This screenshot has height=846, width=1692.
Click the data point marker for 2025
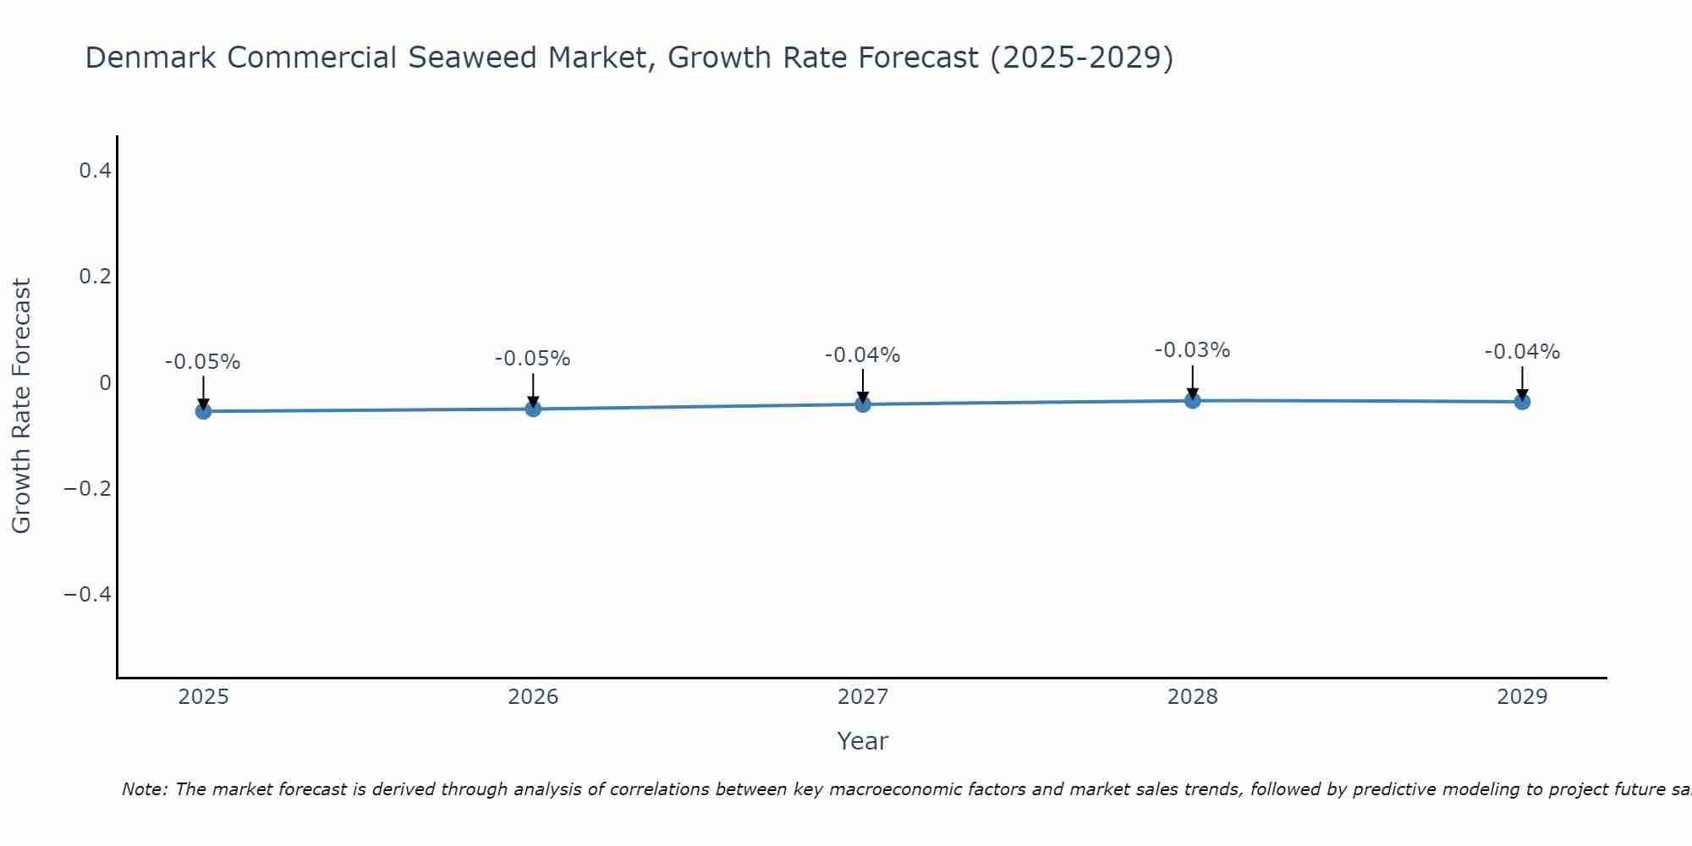[x=203, y=411]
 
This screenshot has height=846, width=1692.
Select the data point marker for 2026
[x=533, y=409]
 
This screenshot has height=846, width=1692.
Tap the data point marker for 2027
[x=863, y=404]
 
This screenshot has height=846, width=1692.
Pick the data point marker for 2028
[x=1193, y=400]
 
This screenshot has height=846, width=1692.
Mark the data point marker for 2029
[x=1522, y=401]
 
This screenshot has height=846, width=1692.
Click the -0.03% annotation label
[x=1192, y=350]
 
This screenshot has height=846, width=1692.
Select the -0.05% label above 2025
[x=203, y=362]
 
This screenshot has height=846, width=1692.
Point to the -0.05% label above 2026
[x=533, y=359]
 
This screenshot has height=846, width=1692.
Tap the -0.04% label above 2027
[x=863, y=355]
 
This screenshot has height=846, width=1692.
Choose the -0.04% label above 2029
[x=1522, y=352]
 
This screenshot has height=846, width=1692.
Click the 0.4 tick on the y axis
[x=95, y=171]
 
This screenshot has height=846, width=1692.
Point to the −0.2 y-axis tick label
[x=88, y=488]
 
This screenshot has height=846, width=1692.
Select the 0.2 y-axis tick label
[x=95, y=277]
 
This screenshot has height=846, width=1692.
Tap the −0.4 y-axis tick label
[x=88, y=594]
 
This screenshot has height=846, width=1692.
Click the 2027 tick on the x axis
[x=863, y=697]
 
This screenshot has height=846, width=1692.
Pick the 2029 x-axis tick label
[x=1522, y=697]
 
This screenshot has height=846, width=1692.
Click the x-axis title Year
[x=862, y=741]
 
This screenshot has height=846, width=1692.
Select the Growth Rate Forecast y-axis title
[x=22, y=406]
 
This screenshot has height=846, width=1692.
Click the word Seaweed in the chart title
[x=473, y=58]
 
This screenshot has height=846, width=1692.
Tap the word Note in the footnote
[x=143, y=789]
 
